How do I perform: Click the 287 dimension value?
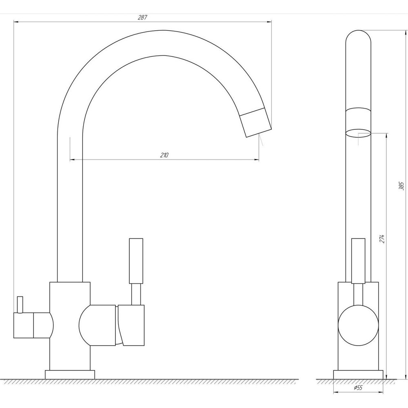(142, 18)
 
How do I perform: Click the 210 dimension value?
(164, 155)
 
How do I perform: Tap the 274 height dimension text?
(382, 239)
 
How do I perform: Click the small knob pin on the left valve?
(19, 304)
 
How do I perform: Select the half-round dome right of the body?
(96, 325)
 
